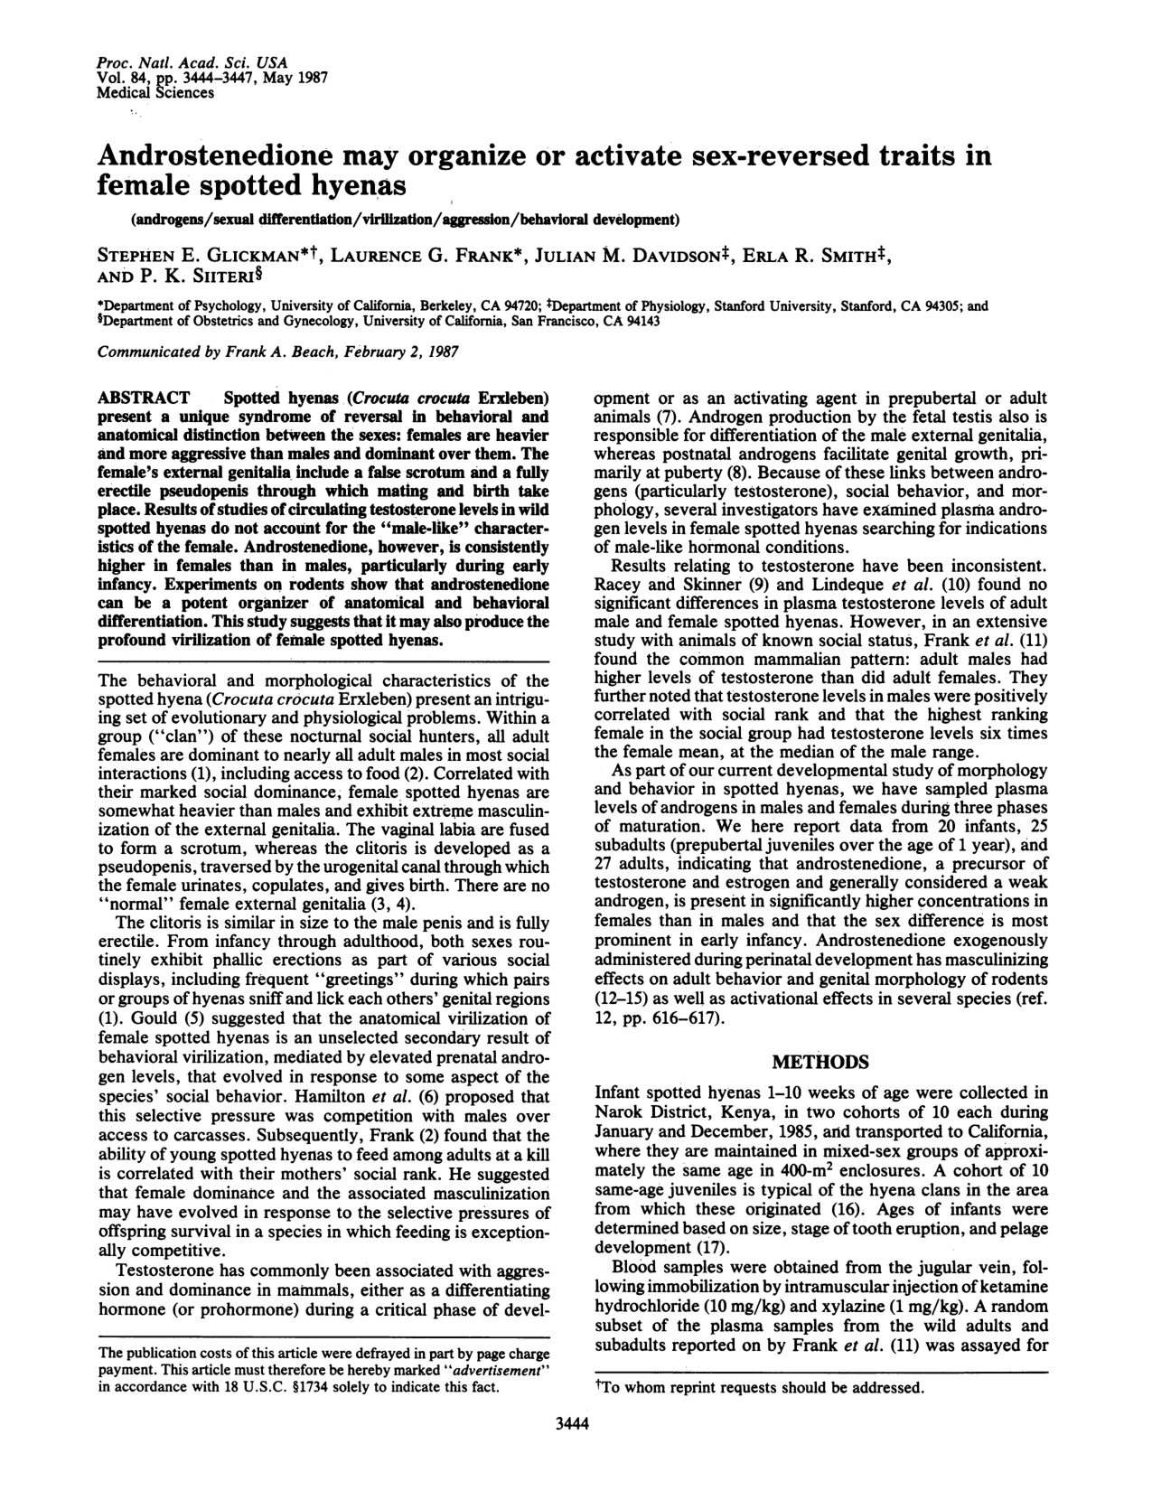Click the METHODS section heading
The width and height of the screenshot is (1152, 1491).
pos(821,1061)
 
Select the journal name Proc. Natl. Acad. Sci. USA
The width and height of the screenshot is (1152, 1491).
pos(192,63)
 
